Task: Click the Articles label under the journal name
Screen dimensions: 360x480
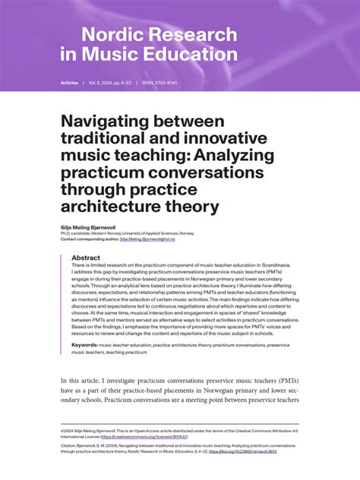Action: pos(69,82)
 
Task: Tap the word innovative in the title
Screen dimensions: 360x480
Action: pos(213,138)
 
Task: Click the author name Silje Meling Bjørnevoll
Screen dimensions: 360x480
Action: pos(90,226)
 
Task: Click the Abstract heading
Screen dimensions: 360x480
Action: pos(86,257)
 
